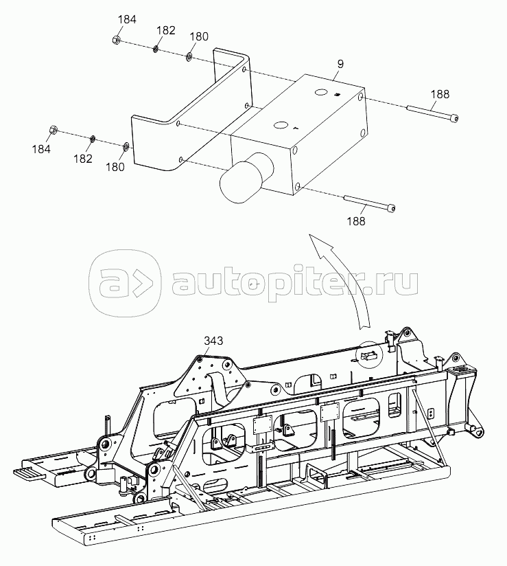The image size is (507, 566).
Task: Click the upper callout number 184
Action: click(x=127, y=19)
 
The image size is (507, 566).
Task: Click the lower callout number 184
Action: click(x=41, y=149)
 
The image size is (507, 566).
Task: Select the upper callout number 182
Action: click(x=166, y=30)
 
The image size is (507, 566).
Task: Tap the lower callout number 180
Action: click(x=115, y=167)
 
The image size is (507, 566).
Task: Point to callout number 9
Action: click(x=340, y=64)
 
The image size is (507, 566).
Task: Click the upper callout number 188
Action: click(x=440, y=94)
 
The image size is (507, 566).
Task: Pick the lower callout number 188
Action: click(x=356, y=221)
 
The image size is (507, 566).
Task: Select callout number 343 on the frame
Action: click(x=213, y=341)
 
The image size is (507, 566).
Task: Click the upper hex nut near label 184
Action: click(x=117, y=40)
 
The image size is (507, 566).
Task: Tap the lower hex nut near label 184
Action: click(x=53, y=130)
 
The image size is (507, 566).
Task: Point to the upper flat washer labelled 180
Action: click(x=189, y=56)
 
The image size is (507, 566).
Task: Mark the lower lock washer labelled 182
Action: click(x=93, y=138)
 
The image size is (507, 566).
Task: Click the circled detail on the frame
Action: click(x=368, y=354)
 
